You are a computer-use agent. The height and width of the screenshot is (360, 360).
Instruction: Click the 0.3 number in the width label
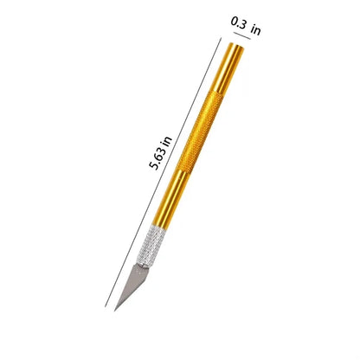click(238, 23)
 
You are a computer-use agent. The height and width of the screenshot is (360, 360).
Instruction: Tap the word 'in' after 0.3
click(255, 29)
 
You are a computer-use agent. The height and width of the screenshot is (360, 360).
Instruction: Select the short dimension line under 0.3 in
click(242, 35)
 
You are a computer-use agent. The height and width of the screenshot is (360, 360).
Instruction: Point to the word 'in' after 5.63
click(167, 141)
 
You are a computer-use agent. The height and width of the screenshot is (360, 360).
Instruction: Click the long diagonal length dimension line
click(163, 172)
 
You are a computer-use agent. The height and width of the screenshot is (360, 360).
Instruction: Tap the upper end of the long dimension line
click(222, 38)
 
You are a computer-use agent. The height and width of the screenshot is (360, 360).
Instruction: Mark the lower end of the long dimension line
click(105, 306)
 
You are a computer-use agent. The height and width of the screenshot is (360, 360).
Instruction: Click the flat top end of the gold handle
click(237, 46)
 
